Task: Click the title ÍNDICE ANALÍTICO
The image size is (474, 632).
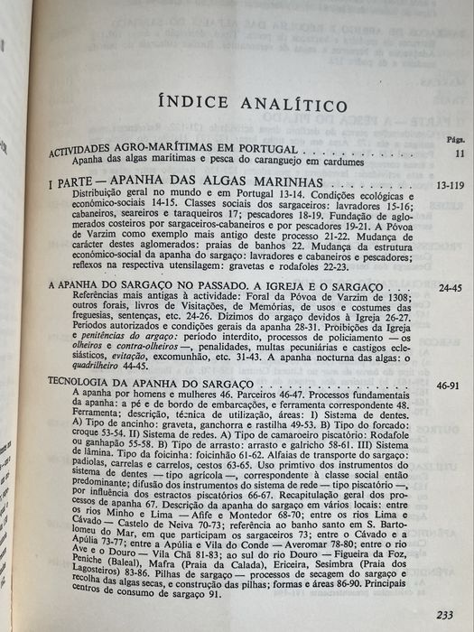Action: pos(252,101)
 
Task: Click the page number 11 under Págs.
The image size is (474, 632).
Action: pos(459,154)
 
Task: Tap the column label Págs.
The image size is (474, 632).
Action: pos(455,140)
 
